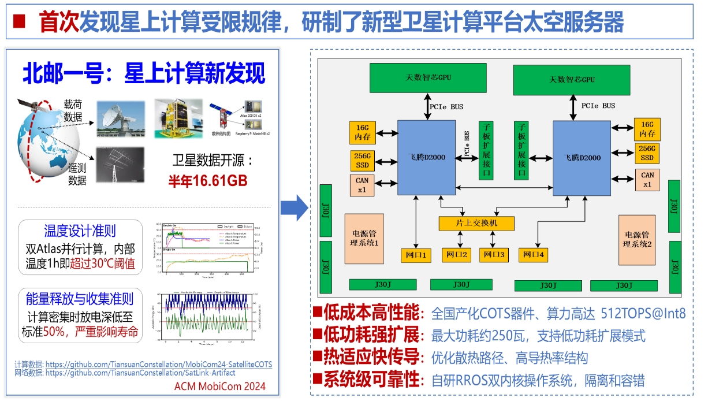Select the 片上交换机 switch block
(x=476, y=223)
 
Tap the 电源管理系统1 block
(x=364, y=239)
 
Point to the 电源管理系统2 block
(x=638, y=239)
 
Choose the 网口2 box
(x=456, y=254)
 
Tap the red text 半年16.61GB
(x=208, y=181)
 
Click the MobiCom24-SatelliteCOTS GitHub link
(x=159, y=365)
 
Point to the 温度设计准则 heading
(x=80, y=231)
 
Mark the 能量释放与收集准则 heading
(x=80, y=299)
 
